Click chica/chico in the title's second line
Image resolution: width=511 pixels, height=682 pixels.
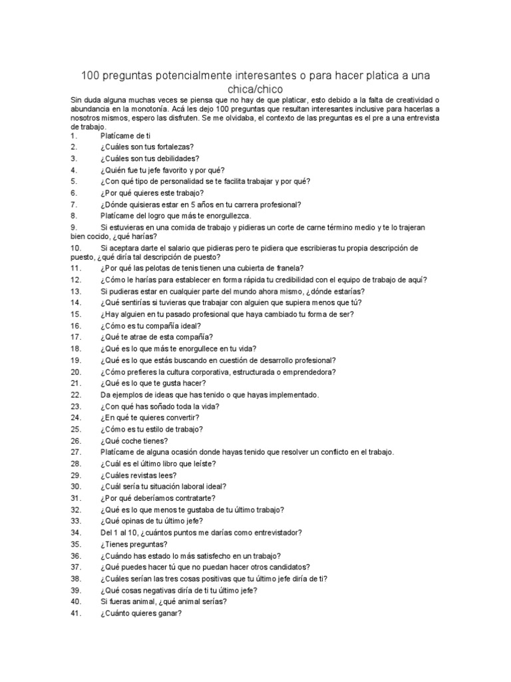(x=255, y=89)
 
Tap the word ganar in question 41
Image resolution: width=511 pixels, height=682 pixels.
(x=166, y=613)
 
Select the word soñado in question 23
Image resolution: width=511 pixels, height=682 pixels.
(x=158, y=406)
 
